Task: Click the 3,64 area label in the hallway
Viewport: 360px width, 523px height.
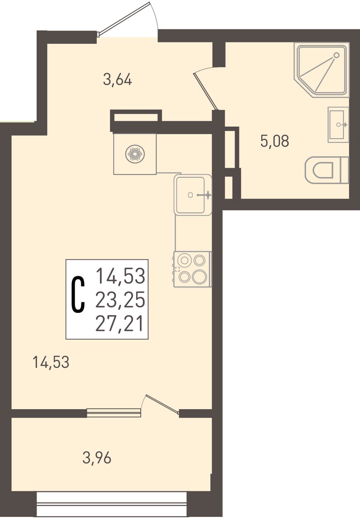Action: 117,80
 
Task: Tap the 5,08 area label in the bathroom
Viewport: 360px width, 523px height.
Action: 275,141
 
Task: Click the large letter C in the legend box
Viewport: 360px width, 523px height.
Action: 78,294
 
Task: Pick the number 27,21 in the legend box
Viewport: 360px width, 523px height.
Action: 119,324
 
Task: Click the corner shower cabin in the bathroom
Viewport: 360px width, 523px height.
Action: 322,69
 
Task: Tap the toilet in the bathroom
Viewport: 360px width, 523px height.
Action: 327,170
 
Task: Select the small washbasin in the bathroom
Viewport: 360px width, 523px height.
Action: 338,125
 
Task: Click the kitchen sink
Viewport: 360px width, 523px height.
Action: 193,195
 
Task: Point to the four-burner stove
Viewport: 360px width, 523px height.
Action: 193,269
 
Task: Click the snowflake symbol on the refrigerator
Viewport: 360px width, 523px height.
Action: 135,154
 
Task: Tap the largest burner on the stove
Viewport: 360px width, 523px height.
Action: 199,276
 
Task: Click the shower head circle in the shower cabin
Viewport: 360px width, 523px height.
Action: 336,55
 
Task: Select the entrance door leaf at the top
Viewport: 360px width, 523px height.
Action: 124,18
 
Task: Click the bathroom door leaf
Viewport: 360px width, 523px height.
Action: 205,91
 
